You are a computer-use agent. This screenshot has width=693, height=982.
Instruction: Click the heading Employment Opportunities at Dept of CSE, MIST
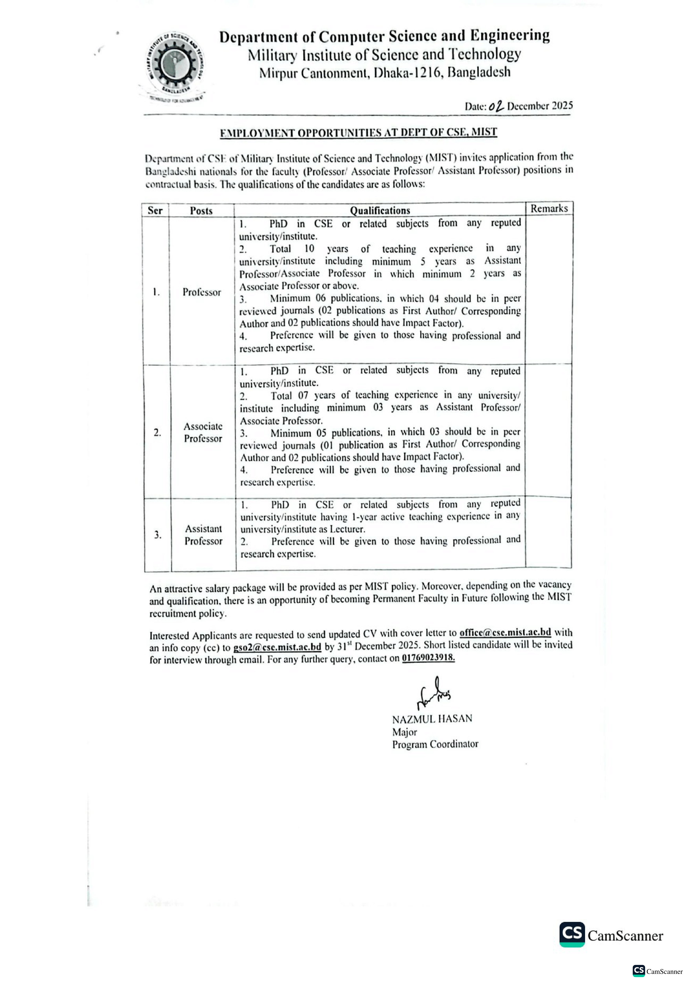(358, 133)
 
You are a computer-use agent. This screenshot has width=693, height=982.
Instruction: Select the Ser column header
(155, 210)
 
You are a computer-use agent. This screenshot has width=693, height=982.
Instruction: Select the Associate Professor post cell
(203, 432)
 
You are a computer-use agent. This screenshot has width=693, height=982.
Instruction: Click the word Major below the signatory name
(404, 732)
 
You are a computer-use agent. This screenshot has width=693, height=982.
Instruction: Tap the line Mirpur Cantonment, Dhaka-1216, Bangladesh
(385, 72)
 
